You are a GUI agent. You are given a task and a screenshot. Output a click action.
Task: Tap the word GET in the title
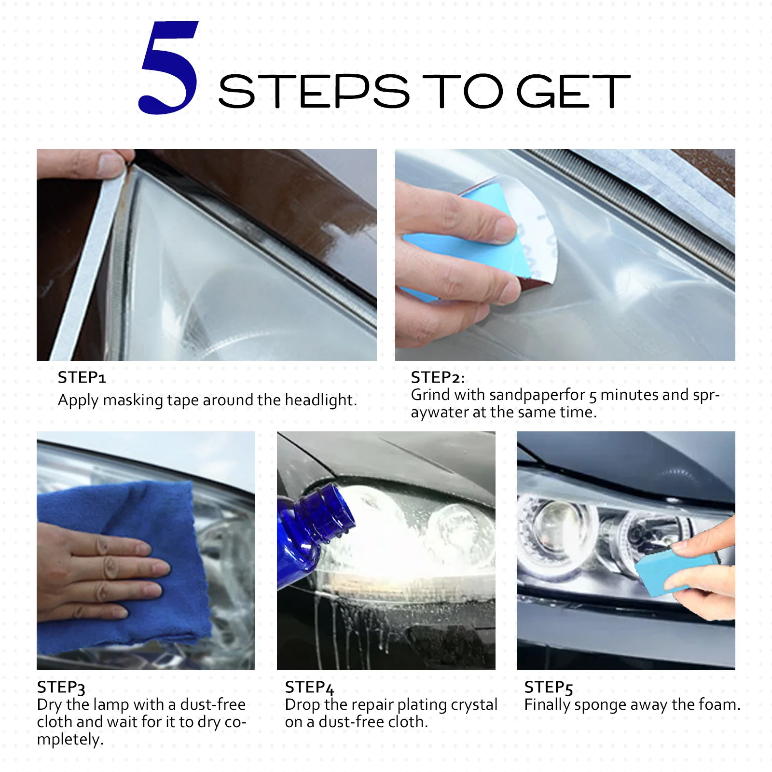[x=573, y=91]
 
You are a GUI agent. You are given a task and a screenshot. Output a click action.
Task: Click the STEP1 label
[x=82, y=377]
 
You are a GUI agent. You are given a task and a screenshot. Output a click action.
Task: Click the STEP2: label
[x=437, y=377]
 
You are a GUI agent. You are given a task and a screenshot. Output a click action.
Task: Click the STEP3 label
[x=61, y=687]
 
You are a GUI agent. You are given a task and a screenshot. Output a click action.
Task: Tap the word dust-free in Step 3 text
[x=213, y=704]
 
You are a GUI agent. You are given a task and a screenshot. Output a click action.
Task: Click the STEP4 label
[x=309, y=687]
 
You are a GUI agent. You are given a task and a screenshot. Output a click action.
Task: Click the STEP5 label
[x=548, y=687]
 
